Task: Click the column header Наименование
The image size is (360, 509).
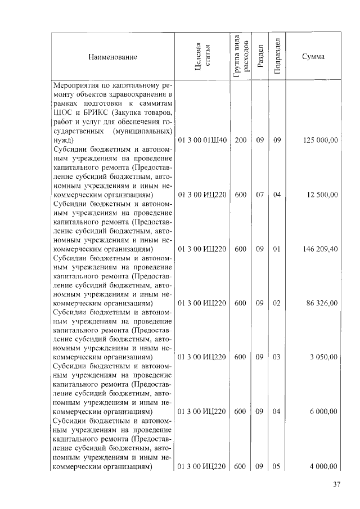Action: coord(112,57)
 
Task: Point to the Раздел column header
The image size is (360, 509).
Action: coord(259,57)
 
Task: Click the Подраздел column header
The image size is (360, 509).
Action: coord(276,57)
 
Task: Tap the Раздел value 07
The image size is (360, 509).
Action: coord(259,195)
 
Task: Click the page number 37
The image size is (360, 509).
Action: coord(336,485)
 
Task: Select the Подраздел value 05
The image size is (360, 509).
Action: coord(276,466)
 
